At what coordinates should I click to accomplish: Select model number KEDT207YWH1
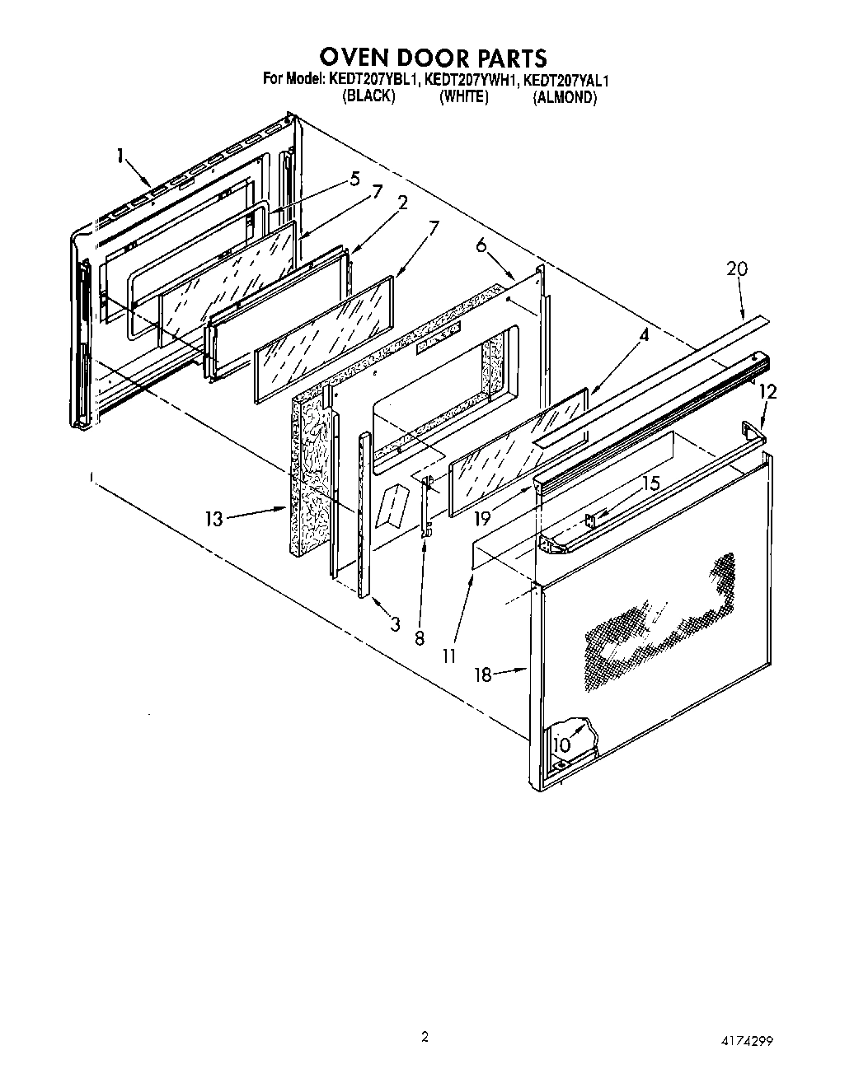[x=472, y=80]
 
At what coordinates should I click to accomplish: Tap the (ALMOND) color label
[x=564, y=97]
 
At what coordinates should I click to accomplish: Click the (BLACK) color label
[x=368, y=96]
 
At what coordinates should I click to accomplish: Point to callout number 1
[x=121, y=156]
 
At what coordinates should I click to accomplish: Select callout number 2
[x=403, y=203]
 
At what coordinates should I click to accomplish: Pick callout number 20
[x=737, y=268]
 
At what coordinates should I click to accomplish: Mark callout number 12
[x=767, y=393]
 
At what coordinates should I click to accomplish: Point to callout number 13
[x=214, y=520]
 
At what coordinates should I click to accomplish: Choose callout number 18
[x=483, y=675]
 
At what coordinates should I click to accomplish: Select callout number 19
[x=483, y=519]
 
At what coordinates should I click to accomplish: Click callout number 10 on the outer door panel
[x=561, y=744]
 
